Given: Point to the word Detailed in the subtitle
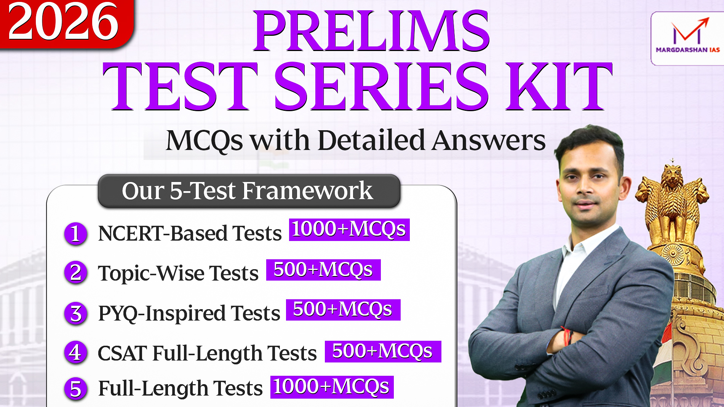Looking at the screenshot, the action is pyautogui.click(x=371, y=140).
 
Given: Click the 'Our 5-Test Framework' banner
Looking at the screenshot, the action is pyautogui.click(x=249, y=191).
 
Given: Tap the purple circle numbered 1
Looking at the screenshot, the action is pyautogui.click(x=76, y=234).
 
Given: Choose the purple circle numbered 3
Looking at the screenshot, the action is pyautogui.click(x=76, y=313).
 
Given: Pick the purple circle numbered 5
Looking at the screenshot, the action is pyautogui.click(x=76, y=389).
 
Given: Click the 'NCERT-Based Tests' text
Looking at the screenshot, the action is pyautogui.click(x=190, y=233).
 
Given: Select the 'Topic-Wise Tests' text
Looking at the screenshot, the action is pyautogui.click(x=178, y=273).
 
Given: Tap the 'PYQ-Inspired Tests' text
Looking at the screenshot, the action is pyautogui.click(x=189, y=313).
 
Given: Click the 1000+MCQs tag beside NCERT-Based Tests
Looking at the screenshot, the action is pyautogui.click(x=349, y=230).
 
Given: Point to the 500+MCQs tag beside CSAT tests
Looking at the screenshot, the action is pyautogui.click(x=383, y=351).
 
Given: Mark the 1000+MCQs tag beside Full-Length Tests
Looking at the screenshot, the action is pyautogui.click(x=332, y=387).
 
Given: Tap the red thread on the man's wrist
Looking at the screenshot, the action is pyautogui.click(x=566, y=335).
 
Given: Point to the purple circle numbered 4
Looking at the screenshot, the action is pyautogui.click(x=76, y=353).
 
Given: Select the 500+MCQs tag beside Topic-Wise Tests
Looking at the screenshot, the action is pyautogui.click(x=323, y=270).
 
